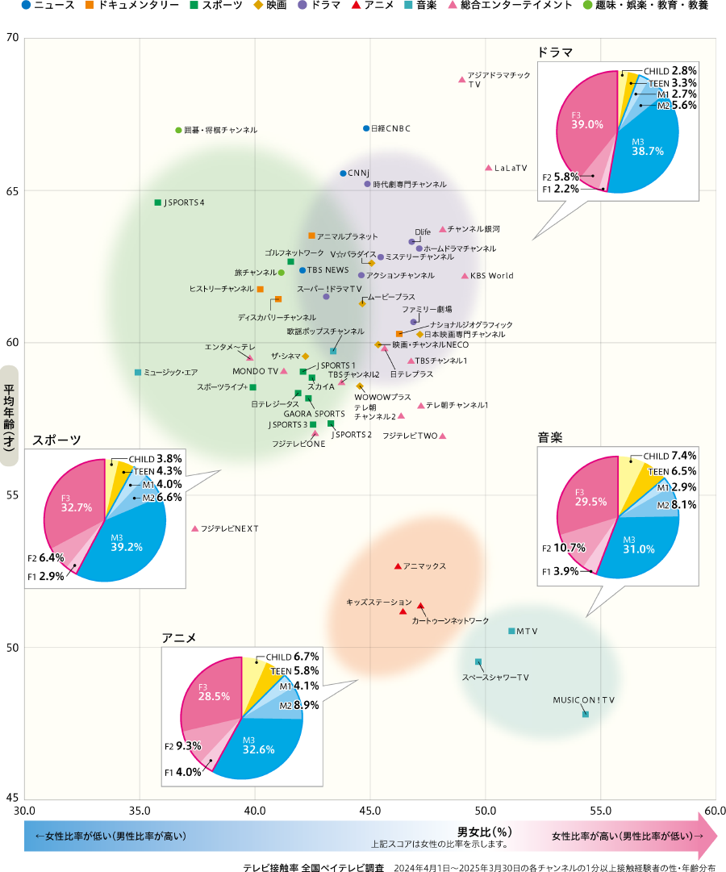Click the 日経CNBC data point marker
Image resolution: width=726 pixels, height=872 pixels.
(366, 128)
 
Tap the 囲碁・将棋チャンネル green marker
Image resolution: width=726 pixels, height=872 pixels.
(178, 130)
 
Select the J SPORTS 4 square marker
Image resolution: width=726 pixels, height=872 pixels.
(158, 202)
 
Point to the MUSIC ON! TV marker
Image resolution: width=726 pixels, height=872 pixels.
(586, 714)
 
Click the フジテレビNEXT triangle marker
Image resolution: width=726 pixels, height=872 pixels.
(194, 528)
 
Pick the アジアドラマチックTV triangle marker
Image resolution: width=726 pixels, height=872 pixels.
(461, 80)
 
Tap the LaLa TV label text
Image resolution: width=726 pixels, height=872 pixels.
(510, 168)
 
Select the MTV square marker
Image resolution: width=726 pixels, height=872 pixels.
(511, 631)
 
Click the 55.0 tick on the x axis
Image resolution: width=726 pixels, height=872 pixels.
(600, 811)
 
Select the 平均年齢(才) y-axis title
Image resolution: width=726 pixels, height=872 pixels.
(12, 415)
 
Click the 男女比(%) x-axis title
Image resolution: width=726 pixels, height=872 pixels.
(485, 832)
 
